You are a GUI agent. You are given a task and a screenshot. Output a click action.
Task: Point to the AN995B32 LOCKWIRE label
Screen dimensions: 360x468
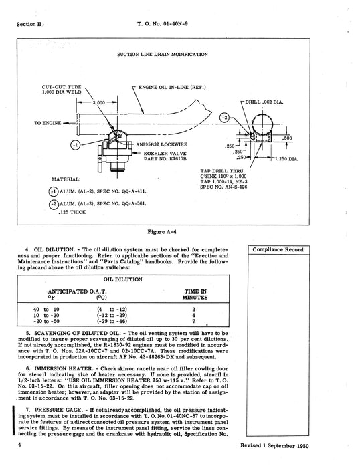click(x=161, y=146)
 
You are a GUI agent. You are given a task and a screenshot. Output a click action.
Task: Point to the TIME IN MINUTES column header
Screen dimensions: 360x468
click(x=193, y=295)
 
